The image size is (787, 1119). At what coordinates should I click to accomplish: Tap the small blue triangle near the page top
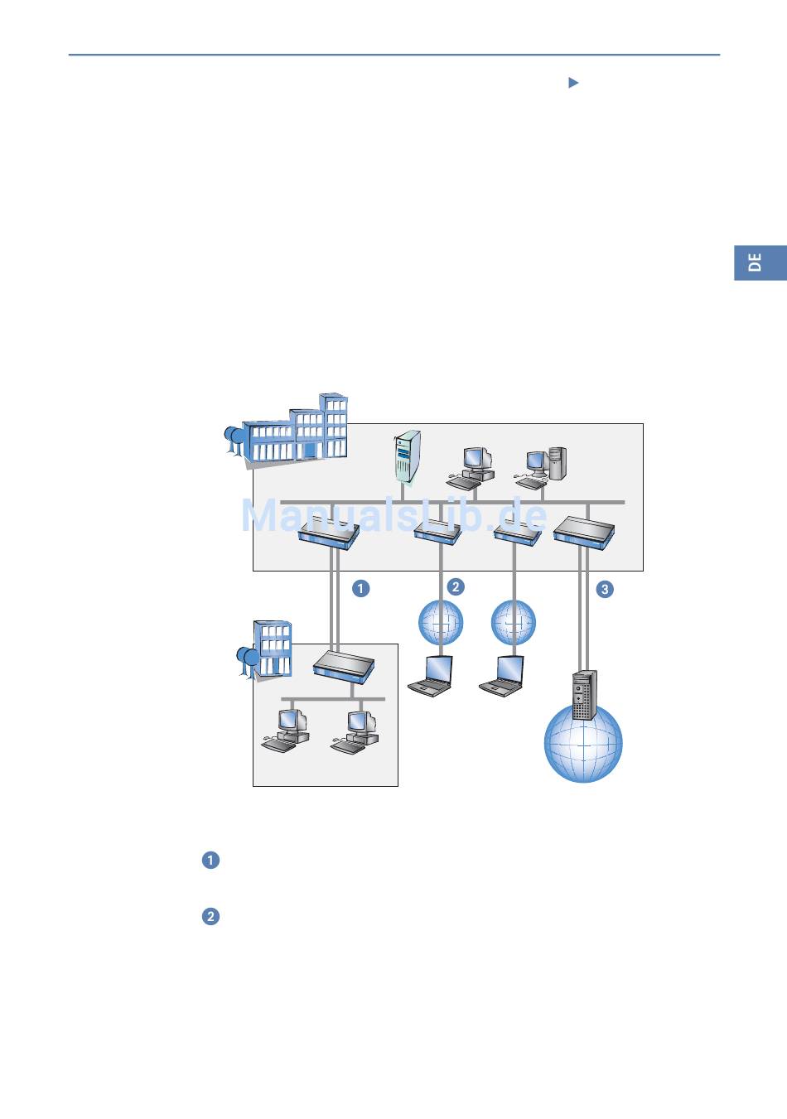tap(572, 83)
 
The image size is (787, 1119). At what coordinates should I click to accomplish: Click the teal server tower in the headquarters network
tap(407, 456)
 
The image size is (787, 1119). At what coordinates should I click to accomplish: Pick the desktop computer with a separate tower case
tap(547, 466)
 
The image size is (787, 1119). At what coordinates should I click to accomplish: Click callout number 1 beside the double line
tap(360, 588)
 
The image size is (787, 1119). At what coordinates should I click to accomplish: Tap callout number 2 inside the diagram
tap(455, 586)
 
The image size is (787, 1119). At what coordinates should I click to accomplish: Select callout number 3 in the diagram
tap(605, 589)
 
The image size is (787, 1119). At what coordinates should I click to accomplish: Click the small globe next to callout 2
tap(441, 623)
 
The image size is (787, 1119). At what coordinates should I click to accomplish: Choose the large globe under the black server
tap(583, 744)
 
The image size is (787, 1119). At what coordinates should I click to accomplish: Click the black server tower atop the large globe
tap(584, 695)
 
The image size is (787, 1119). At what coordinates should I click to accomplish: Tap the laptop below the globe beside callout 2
tap(431, 677)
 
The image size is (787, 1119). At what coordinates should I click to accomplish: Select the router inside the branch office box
tap(344, 665)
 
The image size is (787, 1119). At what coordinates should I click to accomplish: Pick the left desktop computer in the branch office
tap(286, 731)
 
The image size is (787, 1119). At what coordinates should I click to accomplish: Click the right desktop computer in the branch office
tap(355, 732)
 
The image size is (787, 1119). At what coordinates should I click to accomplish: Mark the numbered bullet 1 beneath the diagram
tap(210, 860)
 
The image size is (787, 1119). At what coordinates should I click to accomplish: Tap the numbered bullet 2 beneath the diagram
tap(210, 916)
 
